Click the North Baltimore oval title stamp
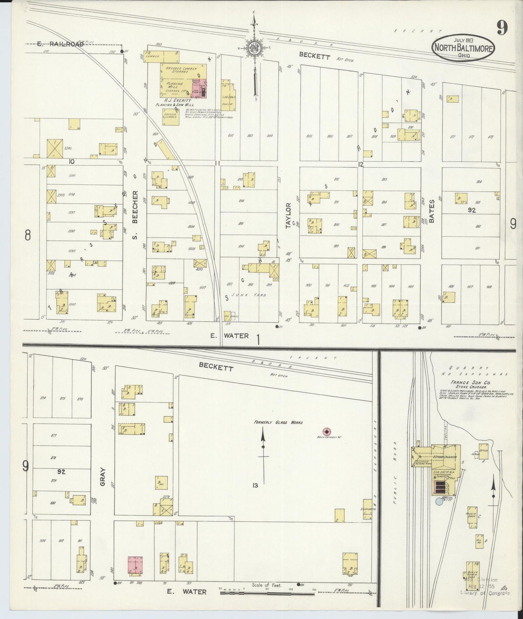(x=464, y=47)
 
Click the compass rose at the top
(x=254, y=48)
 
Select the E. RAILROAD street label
(x=60, y=44)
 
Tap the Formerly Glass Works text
(x=278, y=422)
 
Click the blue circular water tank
(x=439, y=501)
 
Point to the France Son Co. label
(x=465, y=382)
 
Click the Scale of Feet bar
(x=267, y=593)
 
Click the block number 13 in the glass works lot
(x=255, y=485)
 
